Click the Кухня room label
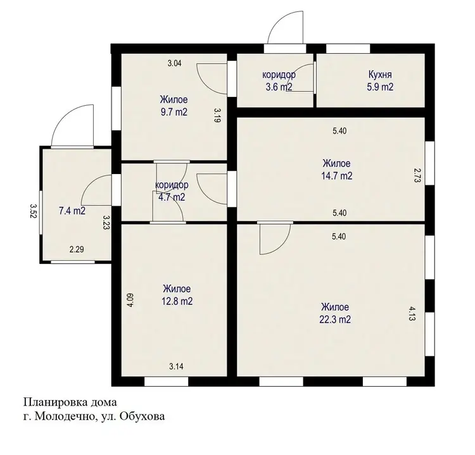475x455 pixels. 380,74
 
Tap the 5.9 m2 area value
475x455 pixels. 380,87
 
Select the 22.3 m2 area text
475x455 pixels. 335,320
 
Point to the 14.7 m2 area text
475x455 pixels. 337,176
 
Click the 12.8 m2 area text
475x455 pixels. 177,301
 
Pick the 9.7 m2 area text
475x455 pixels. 174,112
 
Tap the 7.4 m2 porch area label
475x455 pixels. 72,211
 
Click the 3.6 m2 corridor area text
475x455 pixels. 279,87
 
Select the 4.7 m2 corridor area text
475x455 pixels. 172,197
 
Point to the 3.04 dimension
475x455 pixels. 175,63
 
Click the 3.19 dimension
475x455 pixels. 217,115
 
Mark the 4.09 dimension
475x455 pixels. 130,301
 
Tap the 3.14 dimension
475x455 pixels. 176,366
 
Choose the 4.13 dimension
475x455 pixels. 412,314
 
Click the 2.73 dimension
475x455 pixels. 417,175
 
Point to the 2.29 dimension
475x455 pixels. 77,249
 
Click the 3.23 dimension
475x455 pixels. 106,223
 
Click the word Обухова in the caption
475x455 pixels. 142,417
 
